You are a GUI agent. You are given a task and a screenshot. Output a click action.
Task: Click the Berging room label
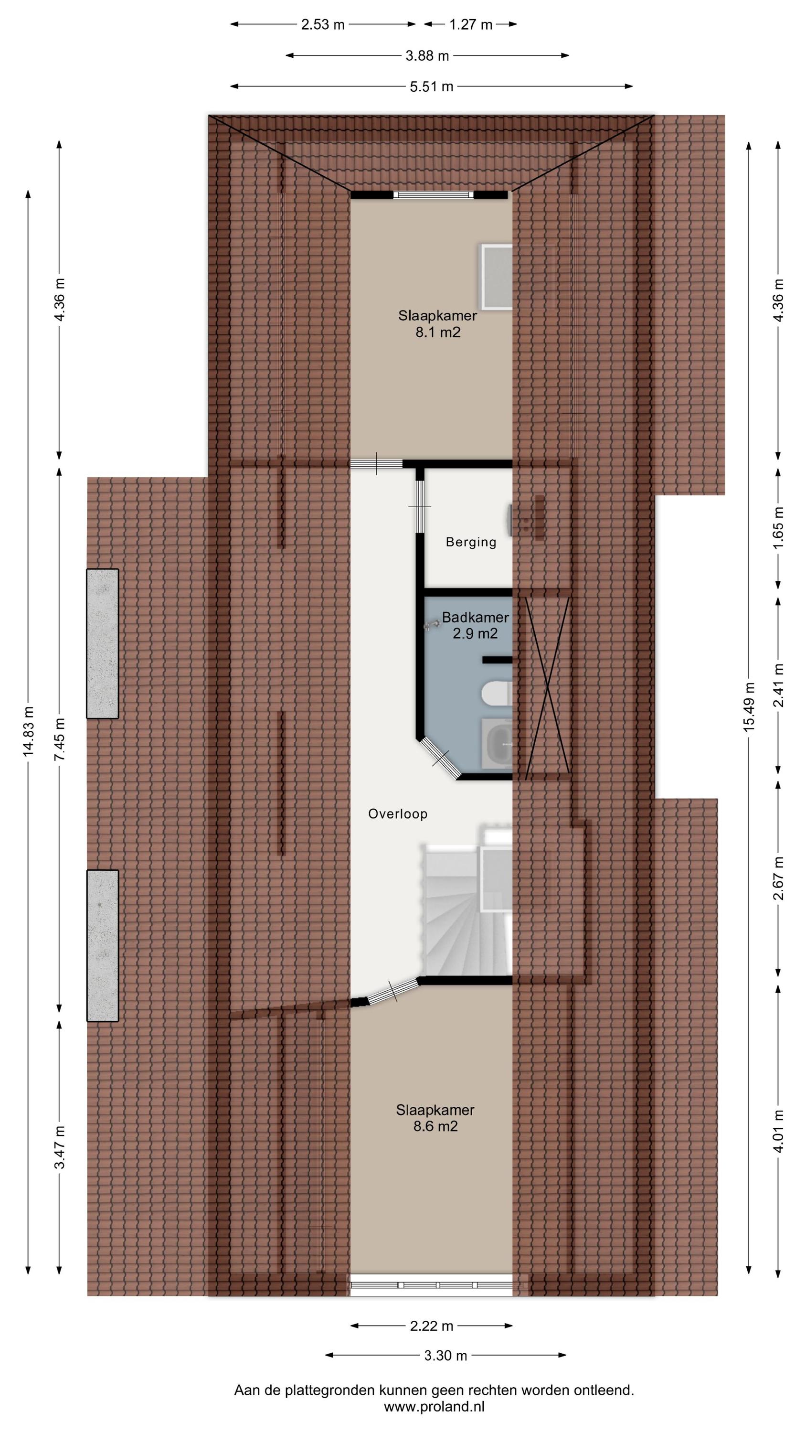coord(471,542)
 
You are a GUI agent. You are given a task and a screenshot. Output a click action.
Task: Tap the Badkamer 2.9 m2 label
coord(475,625)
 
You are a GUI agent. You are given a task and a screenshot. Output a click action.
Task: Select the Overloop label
coord(398,814)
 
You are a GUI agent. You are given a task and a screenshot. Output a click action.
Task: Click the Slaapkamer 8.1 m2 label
coord(437,324)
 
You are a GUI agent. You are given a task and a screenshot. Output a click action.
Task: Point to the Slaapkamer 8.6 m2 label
coord(435,1238)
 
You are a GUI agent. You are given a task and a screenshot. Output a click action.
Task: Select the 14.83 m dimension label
coord(28,730)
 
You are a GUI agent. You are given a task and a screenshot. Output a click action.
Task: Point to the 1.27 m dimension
coord(471,24)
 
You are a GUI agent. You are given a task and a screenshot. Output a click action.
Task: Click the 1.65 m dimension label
coord(778,527)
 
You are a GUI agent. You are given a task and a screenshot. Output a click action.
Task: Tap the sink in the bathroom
coord(496,744)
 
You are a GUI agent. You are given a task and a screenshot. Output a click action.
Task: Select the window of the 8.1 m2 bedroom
coord(434,195)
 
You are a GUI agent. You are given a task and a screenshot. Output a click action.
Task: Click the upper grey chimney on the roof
coord(102,643)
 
